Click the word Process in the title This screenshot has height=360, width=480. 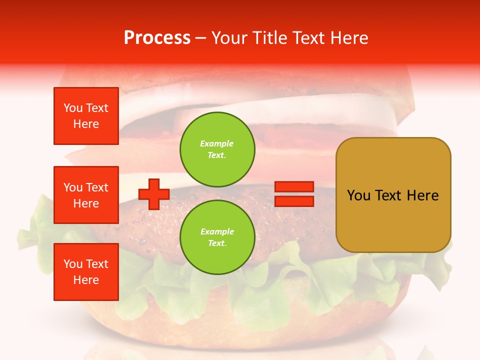pos(157,38)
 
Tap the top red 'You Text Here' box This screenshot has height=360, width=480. pos(86,116)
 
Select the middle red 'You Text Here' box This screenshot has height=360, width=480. pos(86,195)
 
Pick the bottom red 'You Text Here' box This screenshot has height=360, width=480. pos(86,271)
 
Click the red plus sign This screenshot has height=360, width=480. pos(154,194)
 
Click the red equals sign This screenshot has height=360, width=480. pos(294,194)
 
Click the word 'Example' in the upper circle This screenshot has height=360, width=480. pos(217,143)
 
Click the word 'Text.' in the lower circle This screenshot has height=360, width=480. pos(217,243)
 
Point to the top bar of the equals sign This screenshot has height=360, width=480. pos(294,187)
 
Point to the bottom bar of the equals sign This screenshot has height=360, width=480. pos(294,201)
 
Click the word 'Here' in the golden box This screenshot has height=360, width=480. pos(422,195)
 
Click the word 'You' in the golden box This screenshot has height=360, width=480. pos(358,195)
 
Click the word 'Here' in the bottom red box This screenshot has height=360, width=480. pos(86,280)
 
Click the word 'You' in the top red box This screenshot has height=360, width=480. pos(73,108)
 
